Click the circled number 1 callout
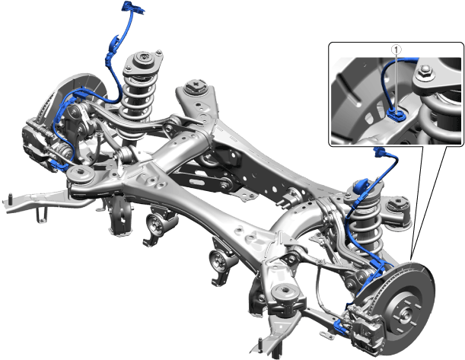pos(397,50)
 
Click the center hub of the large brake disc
pos(406,314)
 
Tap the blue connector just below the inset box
pos(380,151)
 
